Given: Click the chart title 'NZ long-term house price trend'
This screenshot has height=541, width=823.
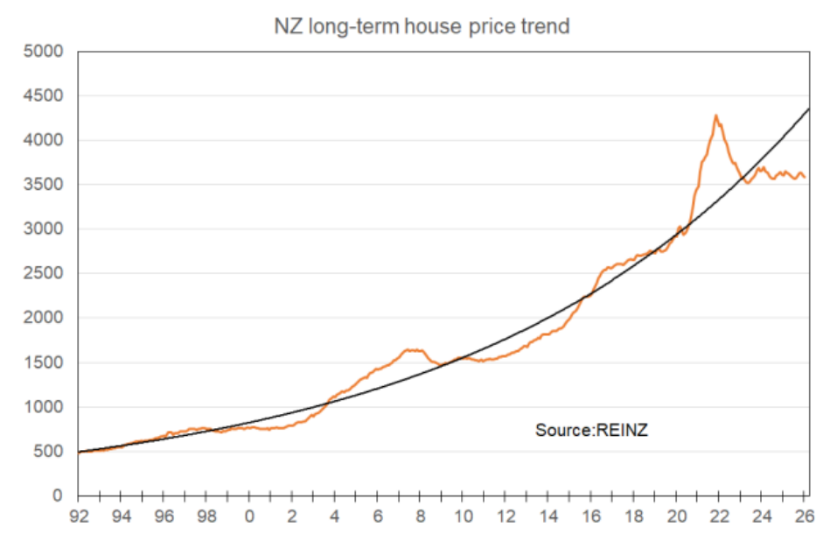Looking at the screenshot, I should (422, 26).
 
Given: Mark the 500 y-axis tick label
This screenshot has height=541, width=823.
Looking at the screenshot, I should (52, 452).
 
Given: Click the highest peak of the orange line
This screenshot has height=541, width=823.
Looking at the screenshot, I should (715, 116).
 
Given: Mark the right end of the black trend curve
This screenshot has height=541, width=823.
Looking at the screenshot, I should (806, 109).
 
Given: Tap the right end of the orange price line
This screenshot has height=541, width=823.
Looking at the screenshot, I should (805, 178).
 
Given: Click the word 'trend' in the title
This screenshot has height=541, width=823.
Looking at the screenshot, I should (544, 26).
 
